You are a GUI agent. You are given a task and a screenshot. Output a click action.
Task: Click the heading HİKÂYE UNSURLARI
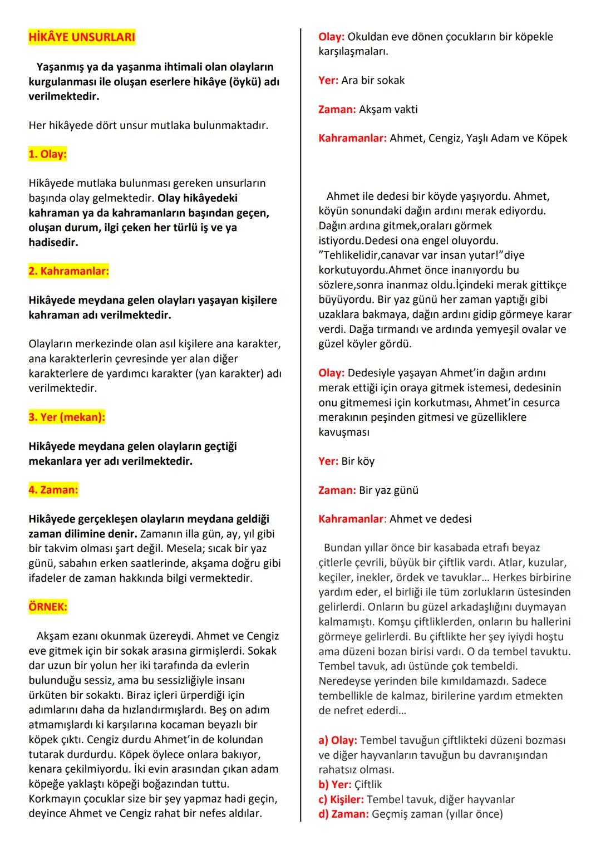(x=81, y=37)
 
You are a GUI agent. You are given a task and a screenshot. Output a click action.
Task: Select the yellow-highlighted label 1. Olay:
(x=47, y=154)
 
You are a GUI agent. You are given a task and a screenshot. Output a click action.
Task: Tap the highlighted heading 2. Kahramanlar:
(x=68, y=271)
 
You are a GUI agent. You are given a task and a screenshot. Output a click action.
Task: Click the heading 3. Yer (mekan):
(x=66, y=417)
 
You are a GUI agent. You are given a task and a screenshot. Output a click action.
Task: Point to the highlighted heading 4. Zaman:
(x=53, y=490)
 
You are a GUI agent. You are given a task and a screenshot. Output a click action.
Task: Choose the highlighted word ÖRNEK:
(x=47, y=607)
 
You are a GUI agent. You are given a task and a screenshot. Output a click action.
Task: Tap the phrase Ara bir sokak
(x=373, y=80)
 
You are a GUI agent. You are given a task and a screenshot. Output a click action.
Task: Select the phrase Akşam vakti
(x=388, y=109)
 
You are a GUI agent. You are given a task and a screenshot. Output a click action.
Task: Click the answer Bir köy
(x=358, y=461)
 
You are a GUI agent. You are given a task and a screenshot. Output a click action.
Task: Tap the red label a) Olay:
(x=338, y=740)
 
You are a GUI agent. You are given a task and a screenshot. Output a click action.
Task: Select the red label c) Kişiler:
(x=341, y=799)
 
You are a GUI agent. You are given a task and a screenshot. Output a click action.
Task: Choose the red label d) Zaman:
(x=343, y=814)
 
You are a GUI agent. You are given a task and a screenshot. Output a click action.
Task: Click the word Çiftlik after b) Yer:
(x=368, y=784)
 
